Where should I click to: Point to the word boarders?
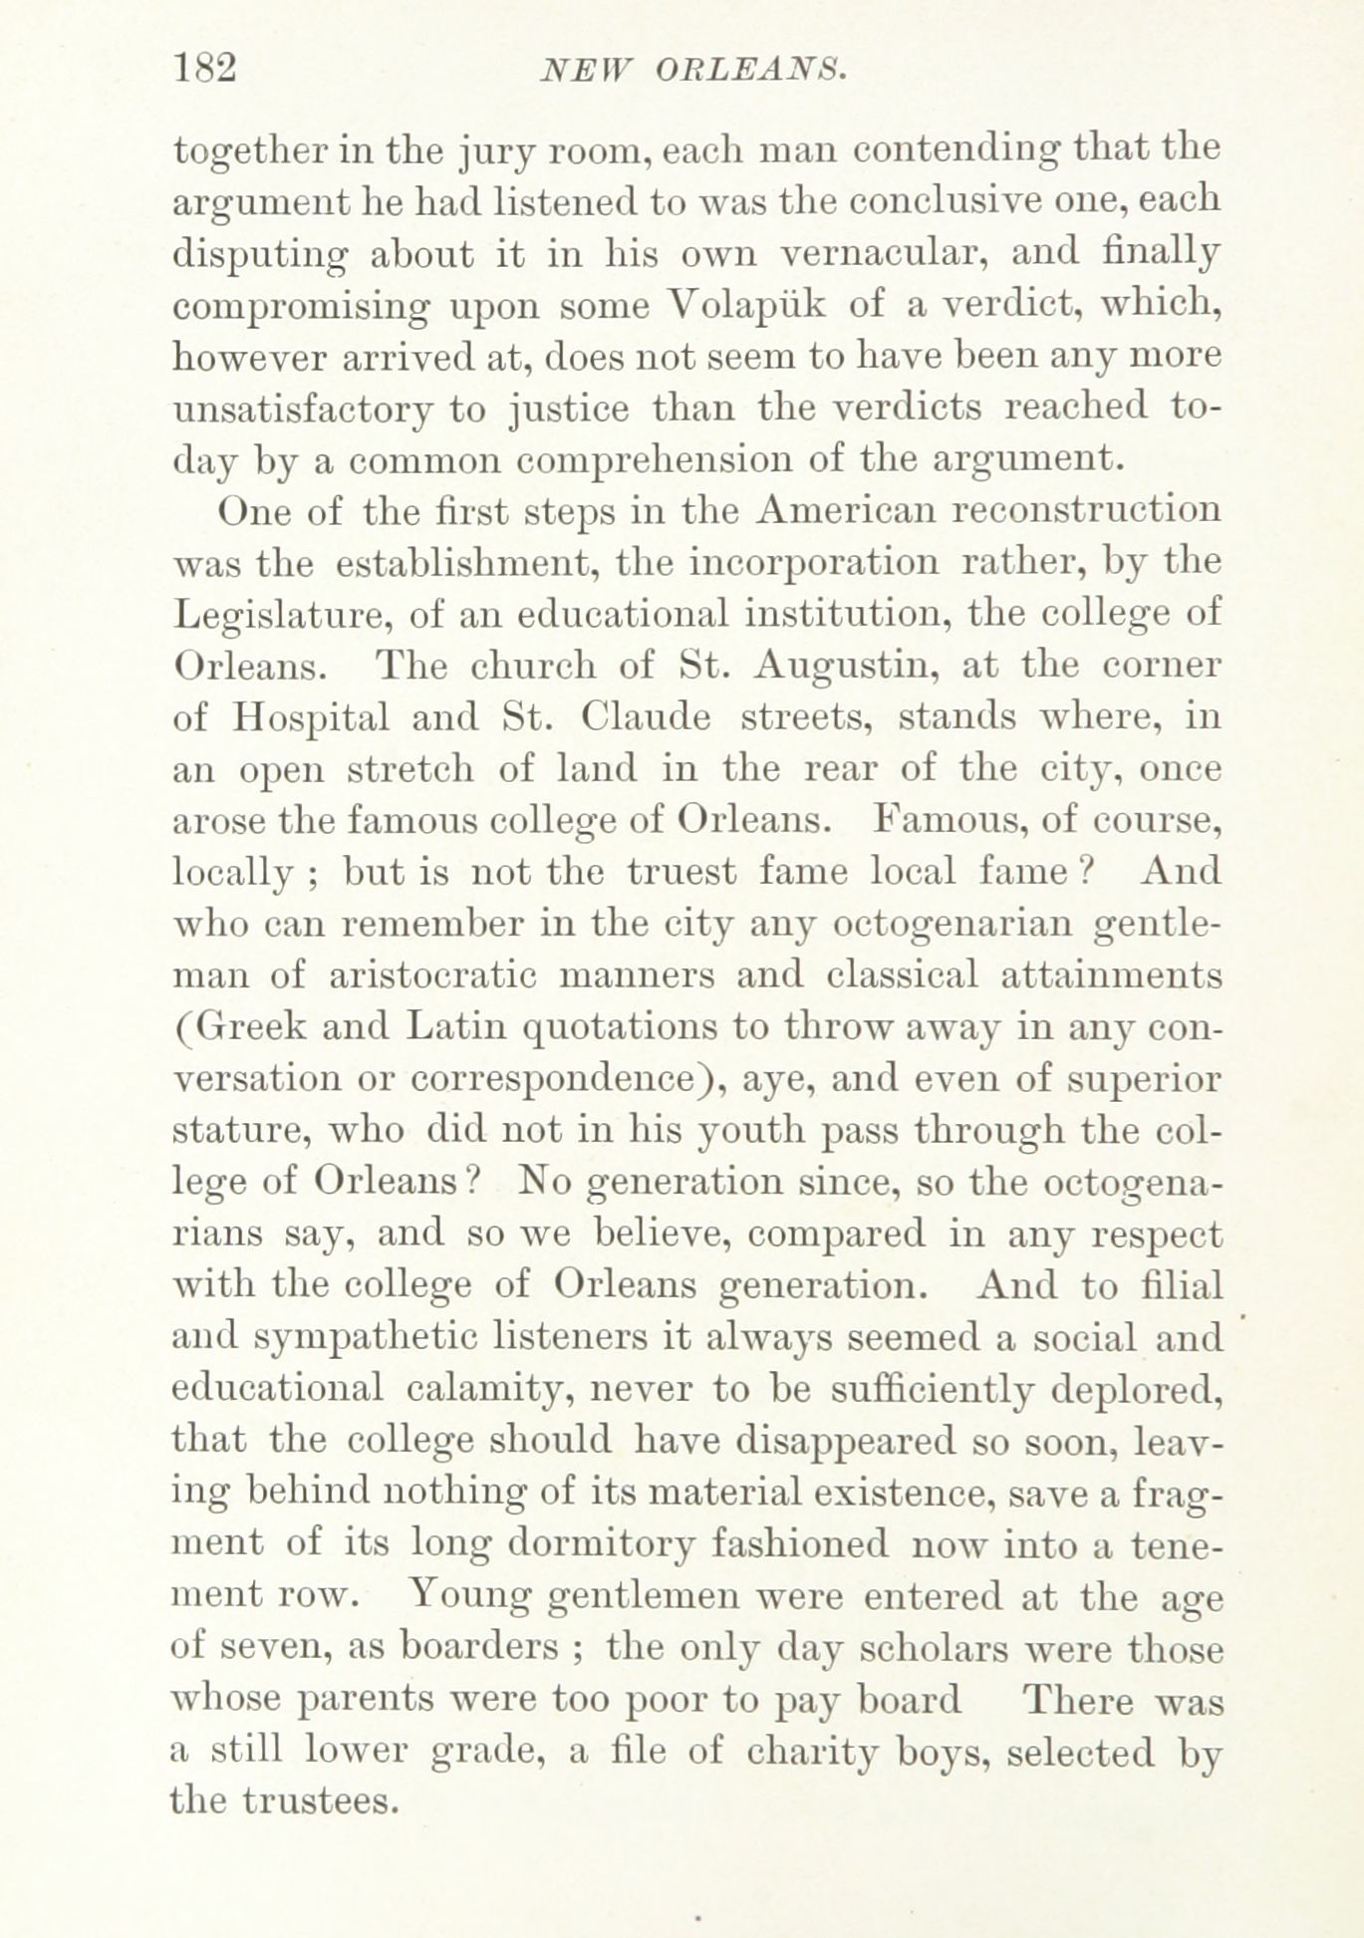[479, 1647]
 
